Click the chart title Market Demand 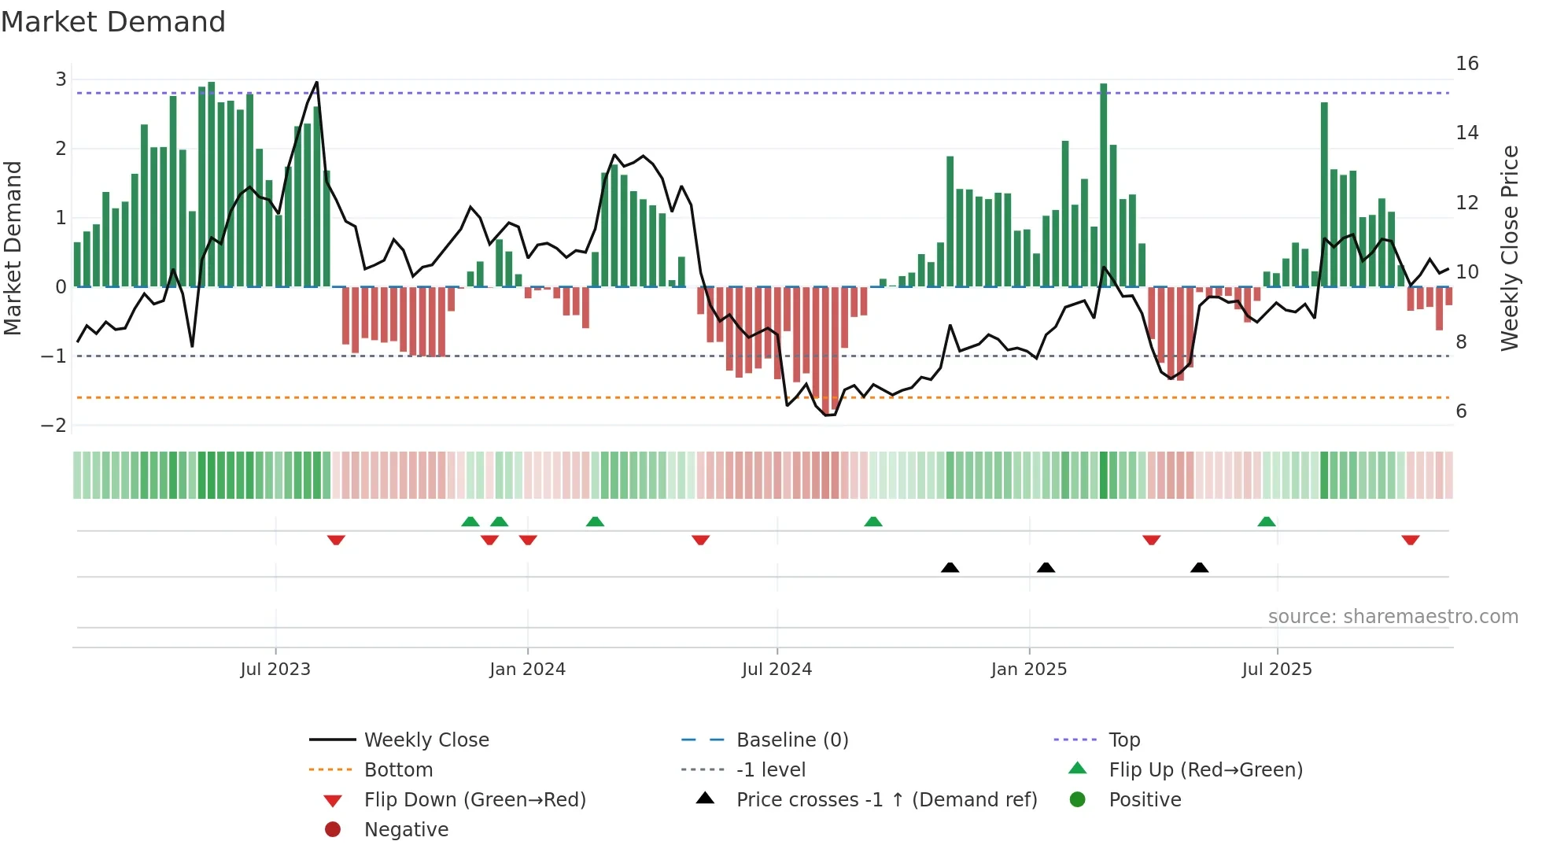(x=113, y=22)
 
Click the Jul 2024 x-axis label (x=777, y=670)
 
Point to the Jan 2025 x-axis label (x=1028, y=670)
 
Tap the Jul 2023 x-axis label (x=275, y=670)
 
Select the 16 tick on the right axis (x=1466, y=64)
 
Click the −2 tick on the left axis (x=54, y=426)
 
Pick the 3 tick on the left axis (x=61, y=79)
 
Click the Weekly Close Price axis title (x=1509, y=248)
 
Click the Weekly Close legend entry (x=426, y=740)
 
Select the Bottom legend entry (x=398, y=770)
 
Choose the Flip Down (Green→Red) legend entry (x=474, y=800)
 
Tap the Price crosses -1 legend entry (x=886, y=800)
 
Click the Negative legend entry (x=406, y=830)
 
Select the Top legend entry (x=1123, y=740)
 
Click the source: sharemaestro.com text (x=1393, y=617)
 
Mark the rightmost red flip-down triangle (x=1410, y=540)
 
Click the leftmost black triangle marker (x=950, y=567)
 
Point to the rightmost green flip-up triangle (x=1266, y=522)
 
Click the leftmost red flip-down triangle (x=336, y=540)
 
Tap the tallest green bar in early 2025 (x=1104, y=185)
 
